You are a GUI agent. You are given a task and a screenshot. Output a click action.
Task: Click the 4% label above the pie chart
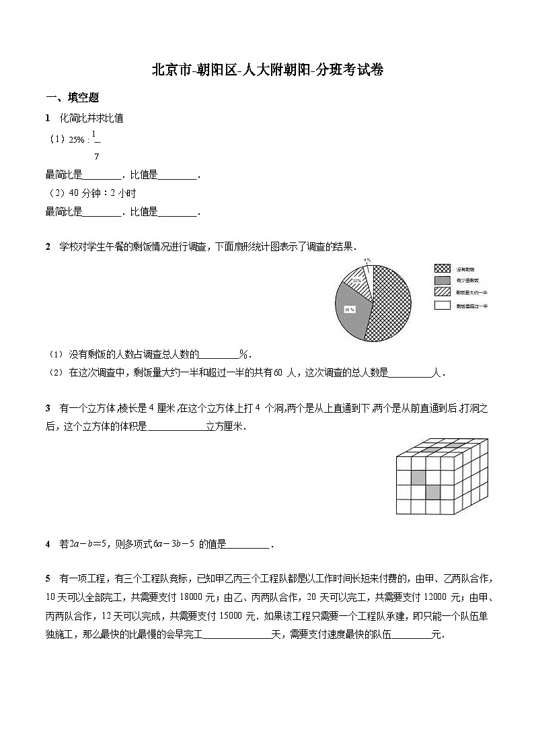click(x=367, y=260)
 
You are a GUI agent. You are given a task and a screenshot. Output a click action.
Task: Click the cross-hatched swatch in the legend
click(x=442, y=268)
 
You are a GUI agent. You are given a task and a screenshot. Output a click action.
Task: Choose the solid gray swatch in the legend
click(x=442, y=280)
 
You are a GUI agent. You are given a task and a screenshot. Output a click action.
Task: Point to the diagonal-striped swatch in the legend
click(x=442, y=292)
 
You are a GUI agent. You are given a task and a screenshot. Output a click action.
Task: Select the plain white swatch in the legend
click(x=442, y=306)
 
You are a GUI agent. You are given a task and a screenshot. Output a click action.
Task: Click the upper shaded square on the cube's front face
click(x=418, y=477)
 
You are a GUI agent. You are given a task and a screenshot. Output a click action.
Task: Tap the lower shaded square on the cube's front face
click(x=432, y=492)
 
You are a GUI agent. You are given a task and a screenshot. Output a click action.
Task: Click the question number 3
click(x=48, y=408)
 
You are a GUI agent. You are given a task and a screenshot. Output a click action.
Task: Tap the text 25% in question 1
click(x=76, y=139)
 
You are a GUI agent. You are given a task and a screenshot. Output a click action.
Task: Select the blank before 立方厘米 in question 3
click(x=176, y=427)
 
